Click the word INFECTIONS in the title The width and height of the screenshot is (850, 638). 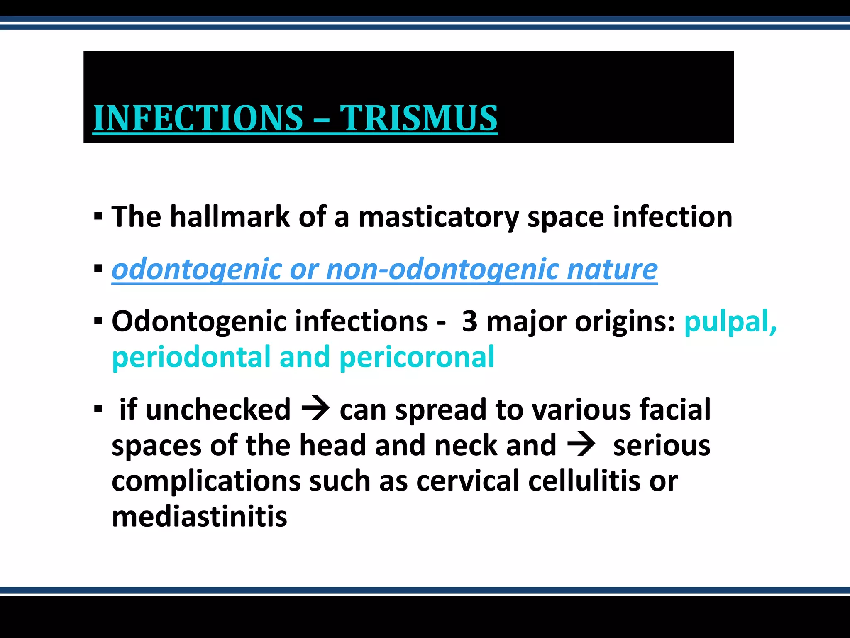(x=198, y=118)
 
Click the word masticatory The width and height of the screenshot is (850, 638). (x=438, y=218)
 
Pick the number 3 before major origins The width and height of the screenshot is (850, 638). (x=469, y=321)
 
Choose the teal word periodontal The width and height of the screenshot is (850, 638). (x=191, y=357)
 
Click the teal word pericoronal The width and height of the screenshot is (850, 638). (x=417, y=357)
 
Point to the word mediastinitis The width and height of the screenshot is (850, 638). (x=199, y=517)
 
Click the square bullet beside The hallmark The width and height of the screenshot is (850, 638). (x=98, y=217)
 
